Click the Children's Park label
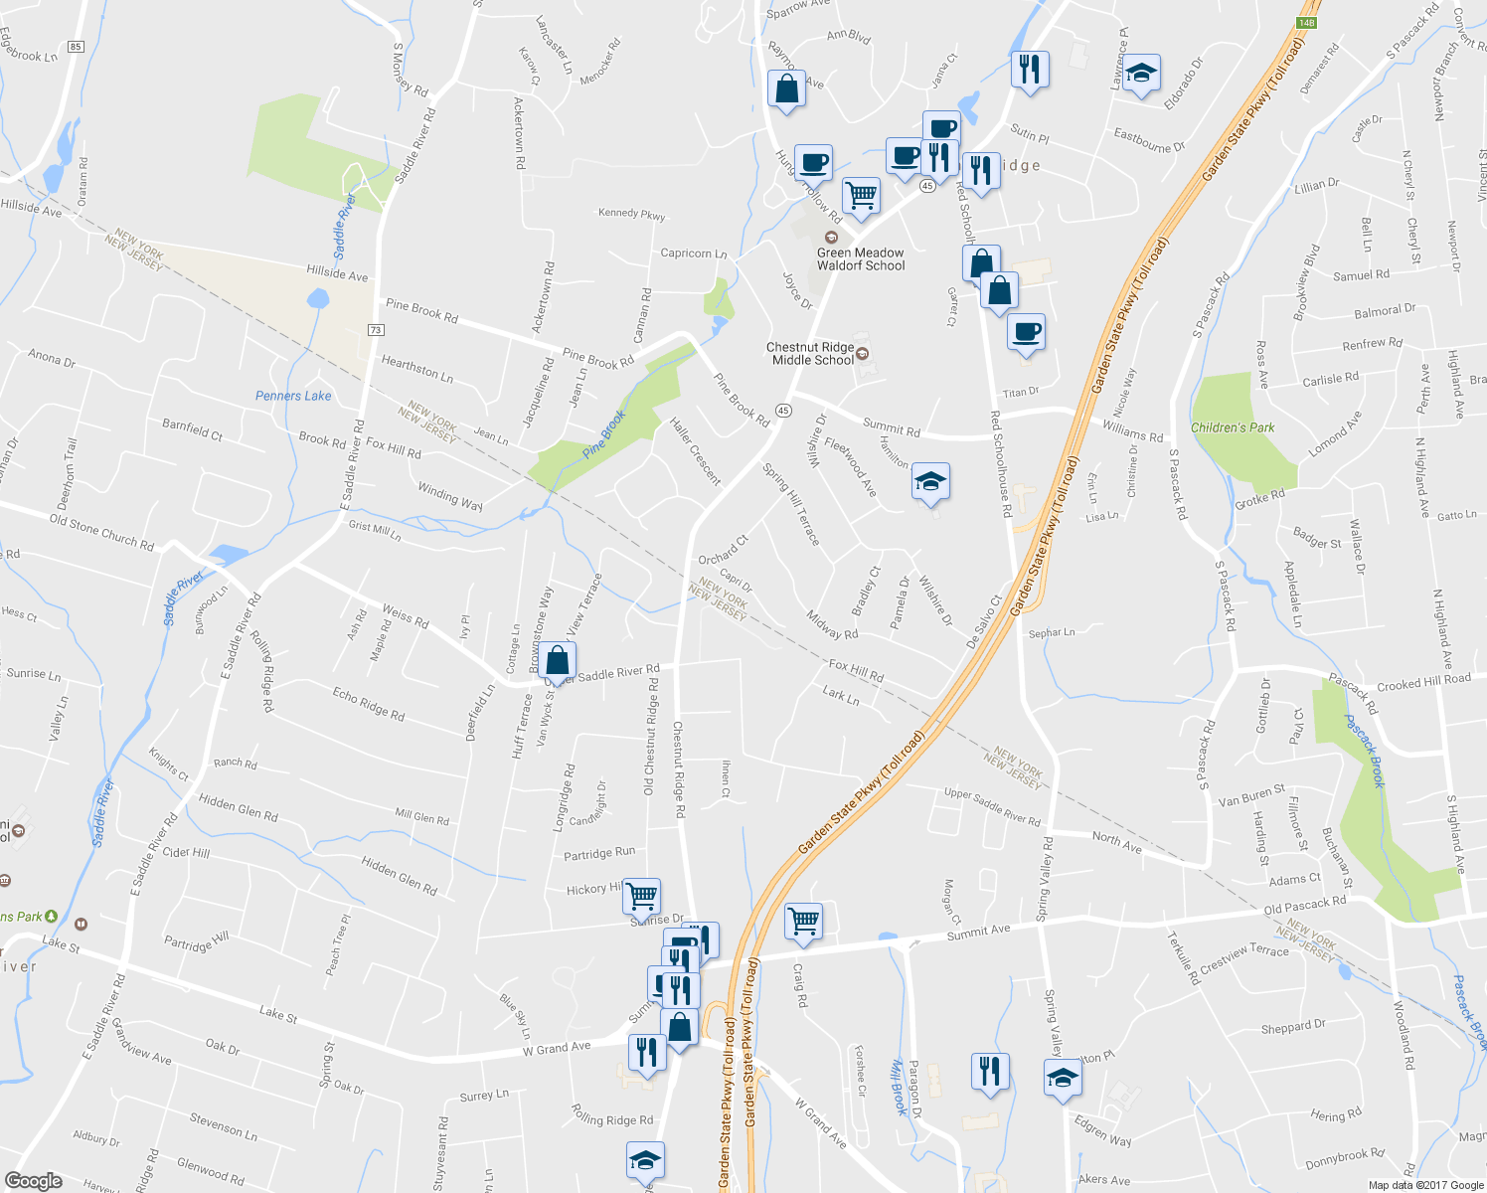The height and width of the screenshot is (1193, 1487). point(1233,427)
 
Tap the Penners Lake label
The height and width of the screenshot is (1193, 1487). point(293,396)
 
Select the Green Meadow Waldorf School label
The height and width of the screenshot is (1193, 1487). point(861,259)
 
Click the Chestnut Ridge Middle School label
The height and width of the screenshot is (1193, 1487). point(811,354)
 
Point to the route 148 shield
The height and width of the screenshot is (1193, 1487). point(1306,23)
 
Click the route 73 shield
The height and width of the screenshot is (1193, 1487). point(375,330)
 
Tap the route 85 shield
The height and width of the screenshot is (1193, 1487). point(77,47)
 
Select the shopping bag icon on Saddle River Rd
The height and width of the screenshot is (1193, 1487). point(559,660)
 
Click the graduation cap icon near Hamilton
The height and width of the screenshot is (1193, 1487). point(930,482)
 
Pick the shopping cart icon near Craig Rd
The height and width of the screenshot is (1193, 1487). point(803,920)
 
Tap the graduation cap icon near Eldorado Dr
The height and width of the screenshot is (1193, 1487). point(1141,73)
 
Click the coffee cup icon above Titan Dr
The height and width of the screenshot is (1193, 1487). point(1026,331)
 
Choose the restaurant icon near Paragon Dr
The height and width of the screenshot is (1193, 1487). point(989,1072)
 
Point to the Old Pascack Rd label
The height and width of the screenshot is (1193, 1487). point(1304,905)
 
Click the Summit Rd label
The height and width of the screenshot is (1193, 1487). point(891,426)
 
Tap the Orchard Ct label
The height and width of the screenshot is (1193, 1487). point(723,551)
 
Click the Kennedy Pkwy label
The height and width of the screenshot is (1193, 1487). point(631,214)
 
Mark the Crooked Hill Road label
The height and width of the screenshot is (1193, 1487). point(1423,682)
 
